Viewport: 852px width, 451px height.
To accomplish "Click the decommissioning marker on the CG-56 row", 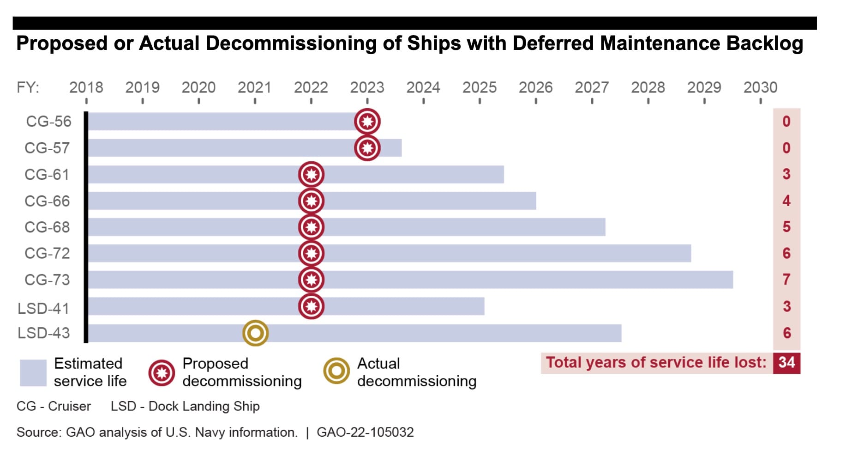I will (367, 122).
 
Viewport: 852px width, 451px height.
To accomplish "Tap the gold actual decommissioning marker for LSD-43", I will (255, 333).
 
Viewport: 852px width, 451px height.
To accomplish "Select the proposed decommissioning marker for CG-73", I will (311, 280).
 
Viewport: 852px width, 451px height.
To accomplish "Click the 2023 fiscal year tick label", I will (367, 87).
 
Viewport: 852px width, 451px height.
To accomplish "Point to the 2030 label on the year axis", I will (760, 87).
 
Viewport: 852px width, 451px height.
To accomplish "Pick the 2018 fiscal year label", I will (86, 87).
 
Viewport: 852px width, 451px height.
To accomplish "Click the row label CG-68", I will (47, 227).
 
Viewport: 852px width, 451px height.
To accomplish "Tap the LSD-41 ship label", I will (43, 308).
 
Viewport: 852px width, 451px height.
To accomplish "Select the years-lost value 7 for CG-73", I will (786, 280).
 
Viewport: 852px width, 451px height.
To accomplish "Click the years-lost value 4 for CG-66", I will (786, 201).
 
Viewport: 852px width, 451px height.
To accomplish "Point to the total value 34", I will (786, 362).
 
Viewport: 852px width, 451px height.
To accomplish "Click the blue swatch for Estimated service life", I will (33, 372).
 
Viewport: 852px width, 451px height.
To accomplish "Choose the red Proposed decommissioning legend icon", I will (162, 372).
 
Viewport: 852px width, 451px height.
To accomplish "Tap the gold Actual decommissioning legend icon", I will (336, 371).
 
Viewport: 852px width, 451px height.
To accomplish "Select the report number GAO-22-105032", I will (365, 432).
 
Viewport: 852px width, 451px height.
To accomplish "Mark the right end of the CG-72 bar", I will (690, 253).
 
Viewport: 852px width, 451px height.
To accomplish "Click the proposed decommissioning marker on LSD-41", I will (311, 306).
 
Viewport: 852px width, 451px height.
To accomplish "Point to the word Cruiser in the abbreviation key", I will (69, 406).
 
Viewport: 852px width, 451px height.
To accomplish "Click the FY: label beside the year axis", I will (28, 87).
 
